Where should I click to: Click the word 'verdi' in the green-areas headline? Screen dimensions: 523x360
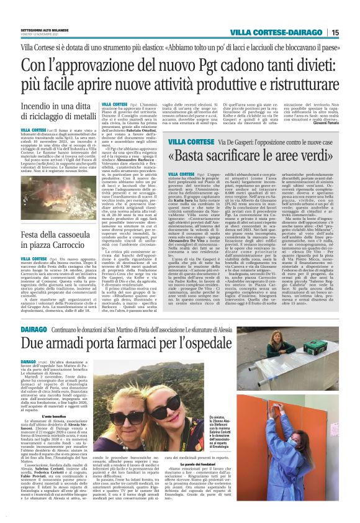(x=322, y=155)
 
